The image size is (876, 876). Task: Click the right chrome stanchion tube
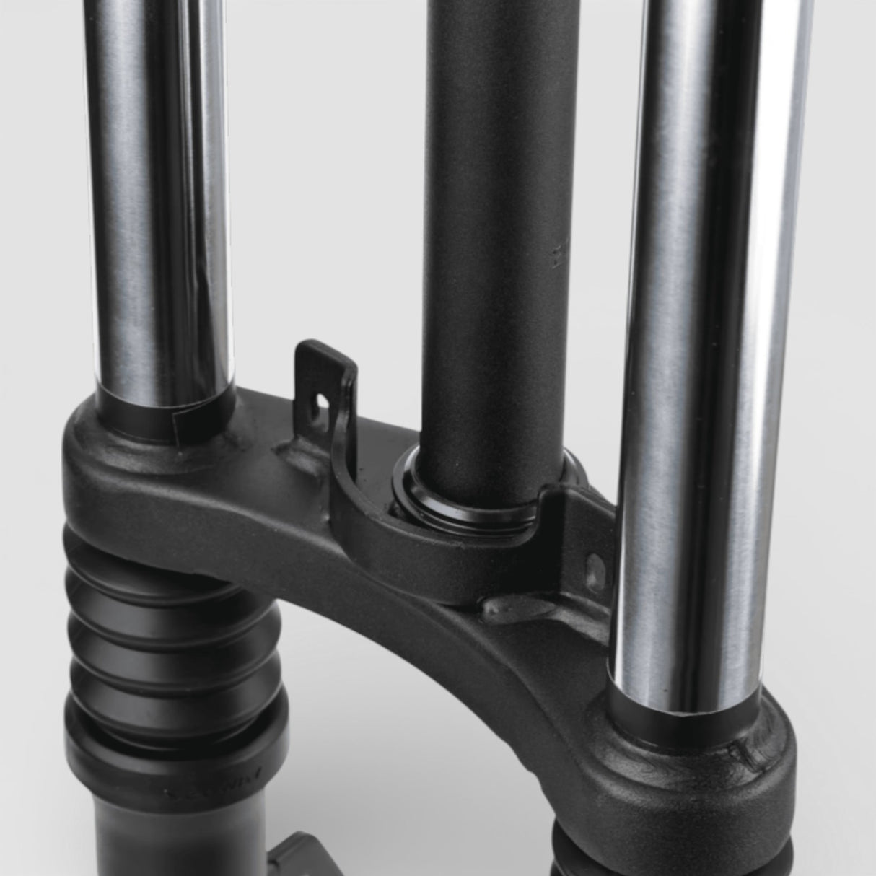coord(693,325)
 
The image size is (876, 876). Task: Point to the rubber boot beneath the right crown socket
coord(577,851)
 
